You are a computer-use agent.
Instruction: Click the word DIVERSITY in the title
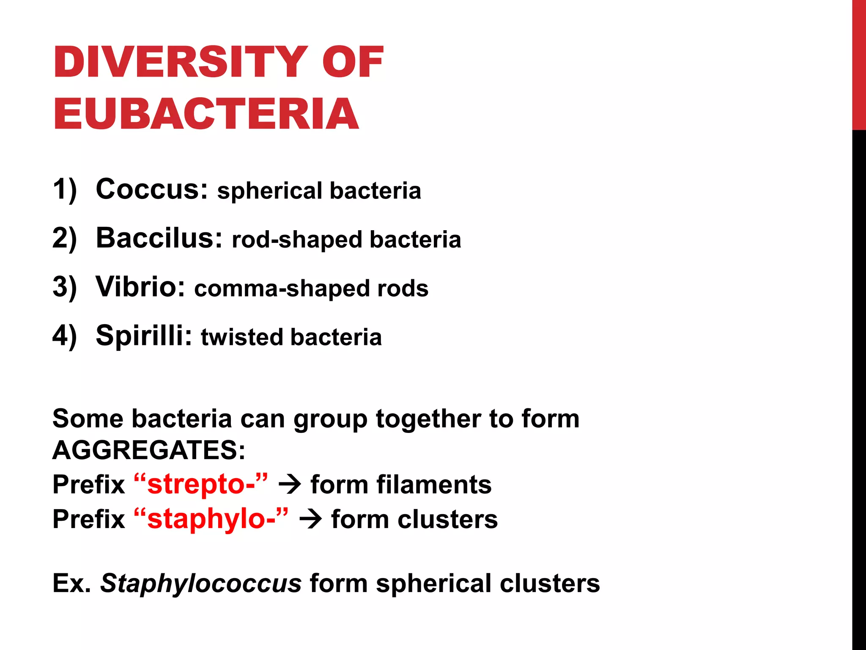[180, 62]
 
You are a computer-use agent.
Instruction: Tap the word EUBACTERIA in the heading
[206, 114]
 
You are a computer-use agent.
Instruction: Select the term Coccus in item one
[151, 189]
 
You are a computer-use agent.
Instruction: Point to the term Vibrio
[140, 286]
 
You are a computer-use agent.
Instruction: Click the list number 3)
[65, 287]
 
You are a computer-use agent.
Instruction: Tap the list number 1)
[65, 189]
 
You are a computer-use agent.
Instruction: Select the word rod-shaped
[297, 240]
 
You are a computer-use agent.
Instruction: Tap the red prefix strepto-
[201, 484]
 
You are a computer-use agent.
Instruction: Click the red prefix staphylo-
[211, 519]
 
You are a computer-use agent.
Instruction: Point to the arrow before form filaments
[290, 485]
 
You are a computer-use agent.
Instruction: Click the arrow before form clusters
[310, 520]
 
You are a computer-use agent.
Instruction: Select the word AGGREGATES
[148, 450]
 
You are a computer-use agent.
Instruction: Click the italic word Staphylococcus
[201, 584]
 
